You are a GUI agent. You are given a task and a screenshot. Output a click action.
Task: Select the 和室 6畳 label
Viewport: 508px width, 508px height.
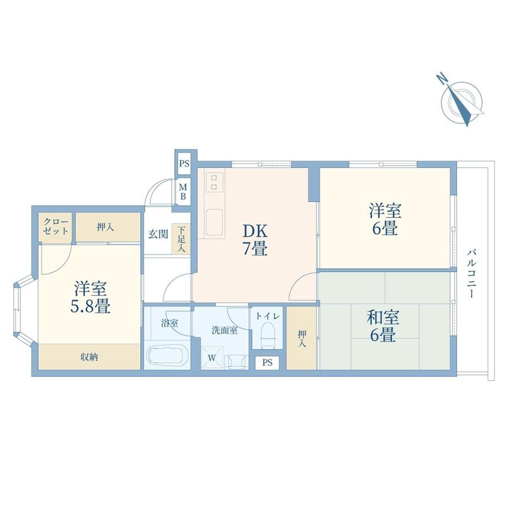pyautogui.click(x=383, y=326)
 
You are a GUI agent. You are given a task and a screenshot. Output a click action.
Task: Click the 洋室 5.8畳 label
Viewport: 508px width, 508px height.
pyautogui.click(x=91, y=298)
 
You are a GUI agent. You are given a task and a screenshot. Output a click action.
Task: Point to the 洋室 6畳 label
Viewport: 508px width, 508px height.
pyautogui.click(x=385, y=219)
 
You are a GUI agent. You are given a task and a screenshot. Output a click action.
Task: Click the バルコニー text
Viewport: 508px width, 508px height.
pyautogui.click(x=472, y=273)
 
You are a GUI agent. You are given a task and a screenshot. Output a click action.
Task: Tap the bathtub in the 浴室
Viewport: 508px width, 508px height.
pyautogui.click(x=167, y=356)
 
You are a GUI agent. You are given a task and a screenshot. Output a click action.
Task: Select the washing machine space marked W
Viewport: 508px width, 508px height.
pyautogui.click(x=212, y=358)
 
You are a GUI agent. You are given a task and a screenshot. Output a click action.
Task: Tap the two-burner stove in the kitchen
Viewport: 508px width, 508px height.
pyautogui.click(x=214, y=182)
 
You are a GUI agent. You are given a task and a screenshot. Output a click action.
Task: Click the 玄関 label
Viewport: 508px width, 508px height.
pyautogui.click(x=158, y=234)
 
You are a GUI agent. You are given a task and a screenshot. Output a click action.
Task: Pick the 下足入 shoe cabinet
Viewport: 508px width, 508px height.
pyautogui.click(x=181, y=239)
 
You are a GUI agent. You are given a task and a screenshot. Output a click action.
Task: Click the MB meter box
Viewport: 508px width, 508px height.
pyautogui.click(x=183, y=192)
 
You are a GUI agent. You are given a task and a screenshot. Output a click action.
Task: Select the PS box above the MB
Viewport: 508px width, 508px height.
pyautogui.click(x=184, y=163)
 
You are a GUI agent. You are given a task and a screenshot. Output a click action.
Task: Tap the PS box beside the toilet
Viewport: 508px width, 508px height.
pyautogui.click(x=267, y=363)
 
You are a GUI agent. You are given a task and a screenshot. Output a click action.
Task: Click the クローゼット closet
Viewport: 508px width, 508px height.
pyautogui.click(x=55, y=227)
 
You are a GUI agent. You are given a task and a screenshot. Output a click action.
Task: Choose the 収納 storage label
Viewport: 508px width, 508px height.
pyautogui.click(x=89, y=357)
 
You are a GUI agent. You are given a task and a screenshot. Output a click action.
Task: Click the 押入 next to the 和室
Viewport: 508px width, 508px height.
pyautogui.click(x=301, y=338)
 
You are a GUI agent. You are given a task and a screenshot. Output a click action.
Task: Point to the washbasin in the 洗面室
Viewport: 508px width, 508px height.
pyautogui.click(x=236, y=361)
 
